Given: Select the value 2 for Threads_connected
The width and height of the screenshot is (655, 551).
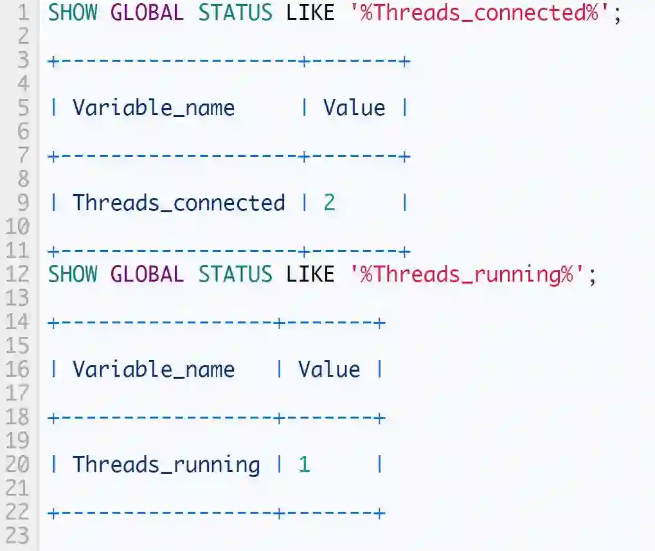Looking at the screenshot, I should (329, 203).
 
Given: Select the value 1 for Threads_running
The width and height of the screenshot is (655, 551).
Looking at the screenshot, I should (304, 464).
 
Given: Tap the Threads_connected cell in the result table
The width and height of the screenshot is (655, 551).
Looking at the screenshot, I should (178, 203).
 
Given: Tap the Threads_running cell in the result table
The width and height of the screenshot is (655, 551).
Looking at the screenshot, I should (166, 464).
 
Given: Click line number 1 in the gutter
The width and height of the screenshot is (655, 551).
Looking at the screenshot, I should (23, 13).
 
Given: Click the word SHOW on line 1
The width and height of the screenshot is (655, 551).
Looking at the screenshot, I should (73, 13).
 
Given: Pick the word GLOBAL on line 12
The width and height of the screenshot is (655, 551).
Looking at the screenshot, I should (147, 275).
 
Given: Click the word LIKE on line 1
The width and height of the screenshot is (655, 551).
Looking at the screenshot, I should (310, 13).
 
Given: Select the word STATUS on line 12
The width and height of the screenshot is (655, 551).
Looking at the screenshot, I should (235, 275).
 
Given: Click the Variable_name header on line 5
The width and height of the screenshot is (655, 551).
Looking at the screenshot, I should (153, 107).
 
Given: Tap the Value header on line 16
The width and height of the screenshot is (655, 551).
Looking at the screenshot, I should (329, 369).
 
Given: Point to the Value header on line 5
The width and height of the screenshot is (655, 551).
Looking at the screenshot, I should (354, 107).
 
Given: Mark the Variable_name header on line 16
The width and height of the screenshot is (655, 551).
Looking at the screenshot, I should (153, 369).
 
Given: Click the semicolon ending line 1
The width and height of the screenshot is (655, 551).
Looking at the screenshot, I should (618, 14).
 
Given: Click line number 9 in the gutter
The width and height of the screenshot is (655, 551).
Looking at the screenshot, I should (23, 203).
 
